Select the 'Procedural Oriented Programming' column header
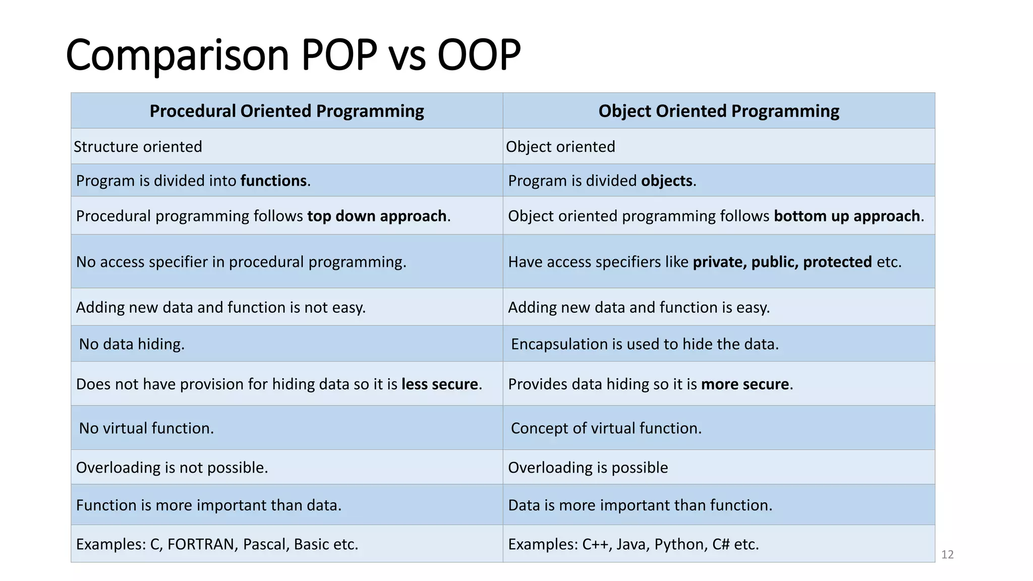pos(286,111)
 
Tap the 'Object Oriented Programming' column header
pos(719,111)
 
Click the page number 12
pos(947,555)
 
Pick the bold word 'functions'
pos(273,181)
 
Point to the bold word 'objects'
pos(667,181)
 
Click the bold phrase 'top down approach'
pos(377,216)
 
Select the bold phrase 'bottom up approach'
pos(847,216)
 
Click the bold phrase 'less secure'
pos(439,384)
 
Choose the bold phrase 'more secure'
pos(745,384)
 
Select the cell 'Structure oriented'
pos(138,147)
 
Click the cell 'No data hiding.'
pos(132,344)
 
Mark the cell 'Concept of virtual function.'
pos(606,429)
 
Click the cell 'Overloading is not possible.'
pos(171,468)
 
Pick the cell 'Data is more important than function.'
pos(640,505)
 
